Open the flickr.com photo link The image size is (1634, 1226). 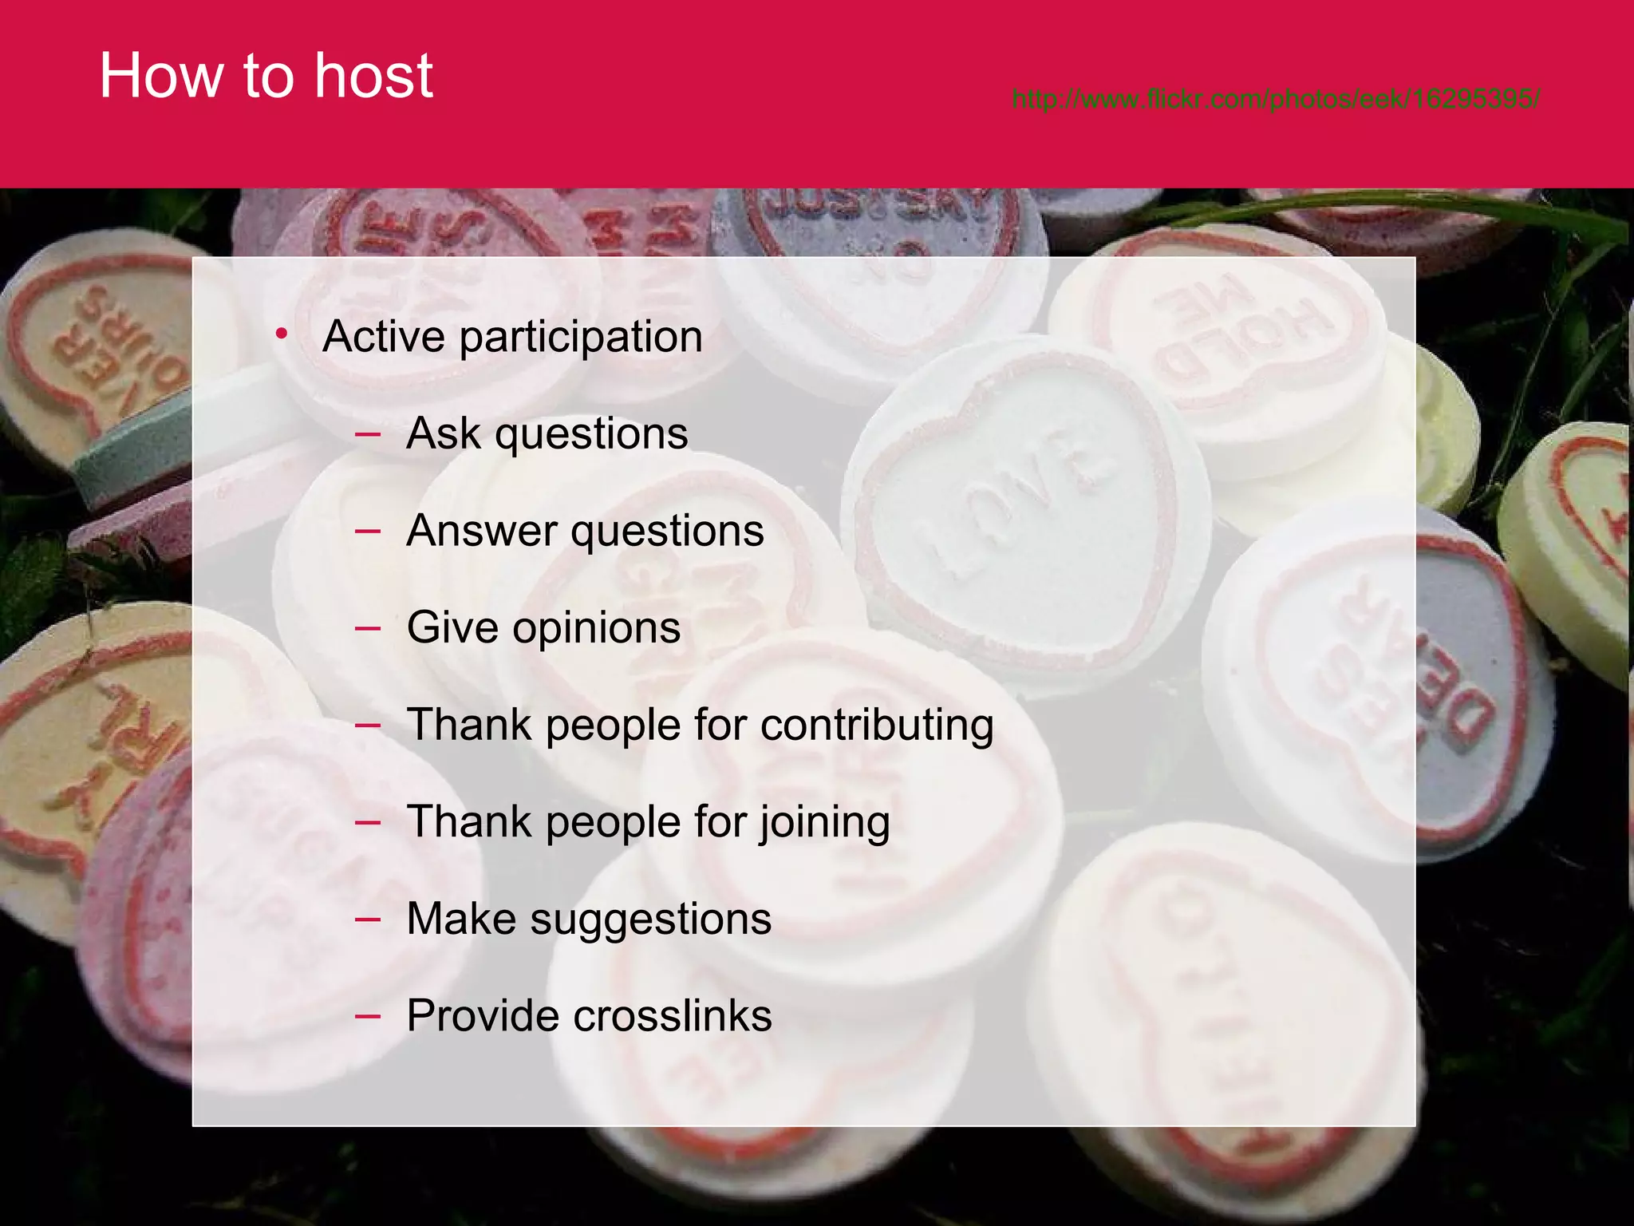click(x=1276, y=99)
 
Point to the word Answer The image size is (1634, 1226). click(x=481, y=531)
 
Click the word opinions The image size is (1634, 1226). click(x=596, y=628)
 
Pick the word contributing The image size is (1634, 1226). click(x=877, y=726)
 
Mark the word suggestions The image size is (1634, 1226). click(x=650, y=919)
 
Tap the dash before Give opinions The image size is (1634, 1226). click(x=368, y=628)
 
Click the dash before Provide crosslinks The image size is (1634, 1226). click(x=368, y=1016)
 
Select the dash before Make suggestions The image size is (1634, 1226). click(x=368, y=919)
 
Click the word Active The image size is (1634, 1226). click(x=383, y=336)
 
